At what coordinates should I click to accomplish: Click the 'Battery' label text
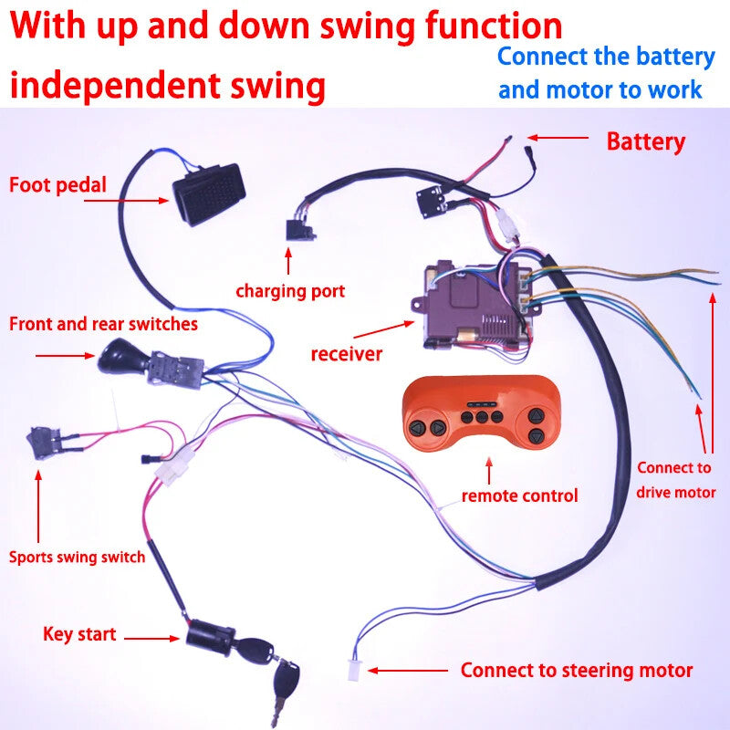pyautogui.click(x=645, y=141)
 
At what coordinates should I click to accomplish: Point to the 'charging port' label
pyautogui.click(x=290, y=291)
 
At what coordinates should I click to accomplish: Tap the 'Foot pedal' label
pyautogui.click(x=57, y=185)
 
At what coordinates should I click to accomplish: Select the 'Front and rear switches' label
pyautogui.click(x=103, y=324)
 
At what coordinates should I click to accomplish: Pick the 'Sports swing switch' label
pyautogui.click(x=77, y=557)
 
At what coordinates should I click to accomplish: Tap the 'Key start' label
pyautogui.click(x=79, y=633)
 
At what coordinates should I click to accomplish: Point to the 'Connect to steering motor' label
pyautogui.click(x=576, y=670)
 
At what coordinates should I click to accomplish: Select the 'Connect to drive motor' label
pyautogui.click(x=675, y=480)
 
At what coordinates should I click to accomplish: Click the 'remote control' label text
pyautogui.click(x=519, y=496)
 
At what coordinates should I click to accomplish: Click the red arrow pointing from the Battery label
pyautogui.click(x=558, y=139)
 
